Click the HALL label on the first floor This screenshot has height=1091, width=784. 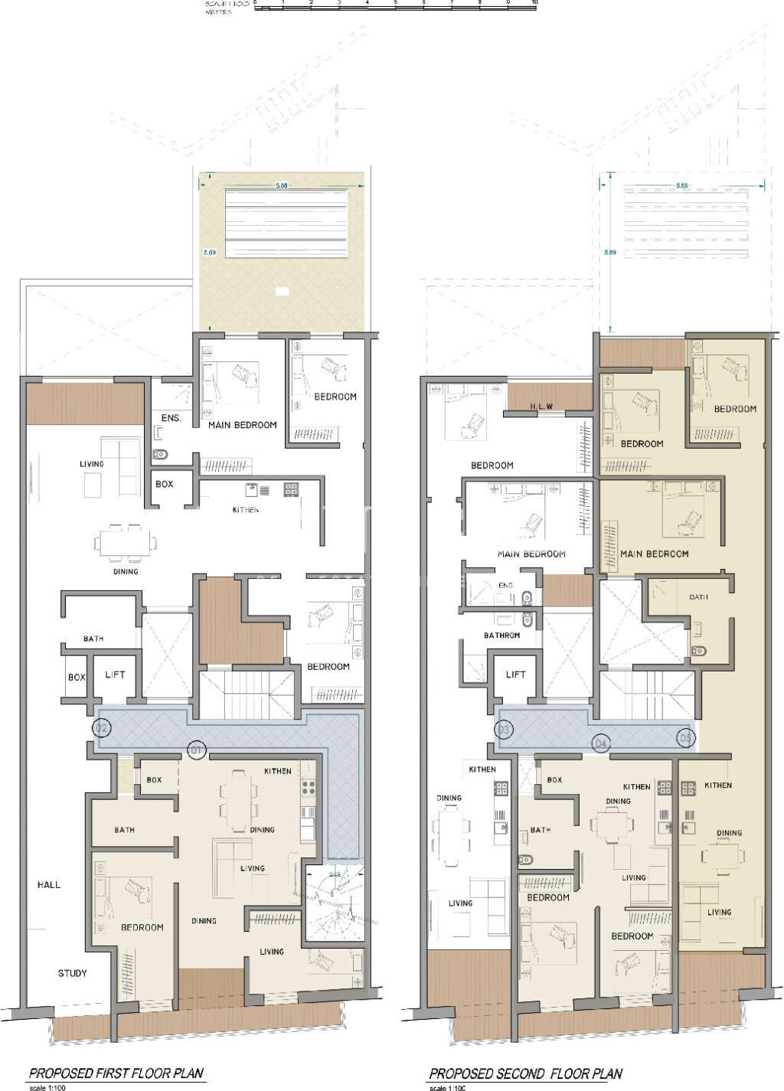point(49,884)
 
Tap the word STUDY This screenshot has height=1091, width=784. point(73,973)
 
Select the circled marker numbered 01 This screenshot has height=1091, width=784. point(196,750)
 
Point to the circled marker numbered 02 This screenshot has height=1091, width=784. point(101,728)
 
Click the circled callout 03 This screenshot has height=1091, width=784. point(504,730)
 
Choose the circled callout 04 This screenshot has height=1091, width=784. point(601,743)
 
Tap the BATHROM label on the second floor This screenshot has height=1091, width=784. point(501,635)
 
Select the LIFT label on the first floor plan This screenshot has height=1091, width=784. point(115,675)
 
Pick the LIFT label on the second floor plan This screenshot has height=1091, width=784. point(515,675)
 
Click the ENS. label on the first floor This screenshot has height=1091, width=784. point(171,418)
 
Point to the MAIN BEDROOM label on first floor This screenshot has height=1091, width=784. point(243,425)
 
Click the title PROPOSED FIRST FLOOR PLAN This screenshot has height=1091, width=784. point(116,1073)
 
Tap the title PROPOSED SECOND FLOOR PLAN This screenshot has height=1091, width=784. point(525,1074)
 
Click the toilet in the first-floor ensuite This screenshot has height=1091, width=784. point(160,455)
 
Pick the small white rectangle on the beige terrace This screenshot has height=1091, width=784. point(282,291)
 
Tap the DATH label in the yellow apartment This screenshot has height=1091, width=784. point(698,597)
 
